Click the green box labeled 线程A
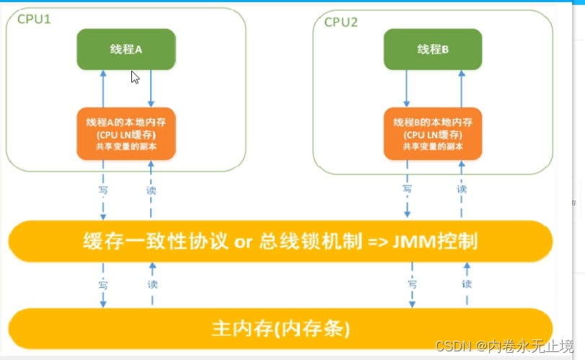(x=126, y=49)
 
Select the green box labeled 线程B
(x=433, y=49)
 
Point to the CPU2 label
(x=341, y=22)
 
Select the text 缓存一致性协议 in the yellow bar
(x=154, y=240)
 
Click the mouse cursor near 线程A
(x=135, y=76)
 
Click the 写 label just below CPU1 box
(x=103, y=190)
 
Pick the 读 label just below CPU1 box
(x=151, y=190)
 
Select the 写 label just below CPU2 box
(x=408, y=189)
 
